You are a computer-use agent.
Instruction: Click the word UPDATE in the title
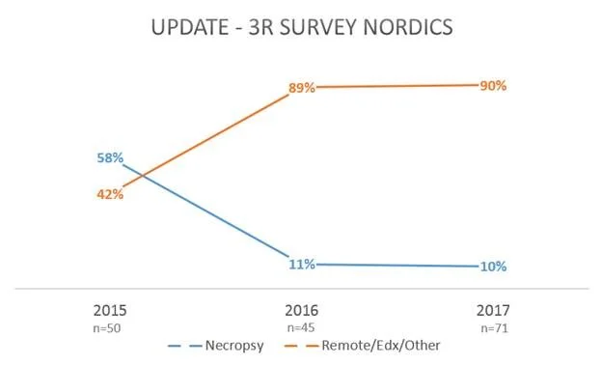point(191,30)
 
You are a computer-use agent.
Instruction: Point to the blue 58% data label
point(109,156)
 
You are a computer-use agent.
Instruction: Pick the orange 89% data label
point(302,88)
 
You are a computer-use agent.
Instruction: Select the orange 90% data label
point(493,85)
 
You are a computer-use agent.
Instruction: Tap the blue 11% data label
point(302,264)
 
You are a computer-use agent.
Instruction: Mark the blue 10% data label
point(493,267)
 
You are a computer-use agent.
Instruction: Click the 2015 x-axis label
point(109,311)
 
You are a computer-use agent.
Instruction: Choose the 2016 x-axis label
point(301,311)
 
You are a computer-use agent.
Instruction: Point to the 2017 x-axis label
point(492,311)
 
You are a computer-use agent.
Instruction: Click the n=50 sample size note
point(109,328)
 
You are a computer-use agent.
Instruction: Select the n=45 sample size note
point(301,328)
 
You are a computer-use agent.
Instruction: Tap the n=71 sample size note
point(492,328)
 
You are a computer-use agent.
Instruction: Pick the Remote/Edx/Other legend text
point(380,344)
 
